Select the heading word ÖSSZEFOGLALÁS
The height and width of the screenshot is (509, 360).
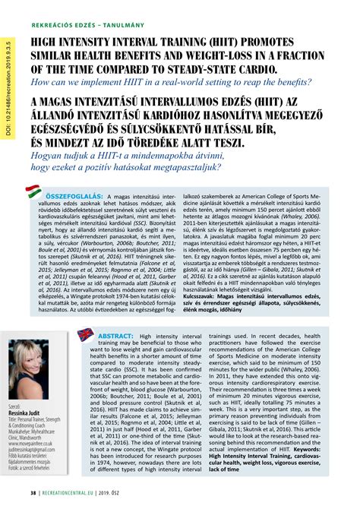(75, 198)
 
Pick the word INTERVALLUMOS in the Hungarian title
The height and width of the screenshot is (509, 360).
(201, 101)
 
